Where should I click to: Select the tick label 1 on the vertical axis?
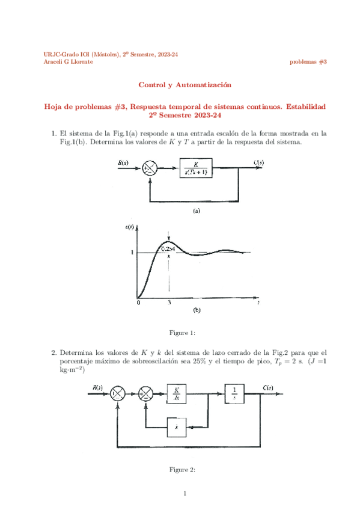(x=132, y=253)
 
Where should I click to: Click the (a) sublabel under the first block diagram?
(x=196, y=210)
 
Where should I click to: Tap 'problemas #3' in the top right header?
(x=308, y=62)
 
